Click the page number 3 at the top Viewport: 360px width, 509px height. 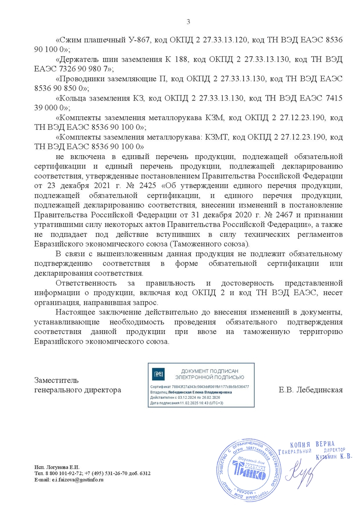pos(189,22)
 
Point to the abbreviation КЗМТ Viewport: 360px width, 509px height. pos(216,137)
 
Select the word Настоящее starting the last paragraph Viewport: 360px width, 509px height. pos(77,312)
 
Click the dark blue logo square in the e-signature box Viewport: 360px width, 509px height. pos(157,374)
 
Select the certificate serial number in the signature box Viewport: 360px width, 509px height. pos(211,387)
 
